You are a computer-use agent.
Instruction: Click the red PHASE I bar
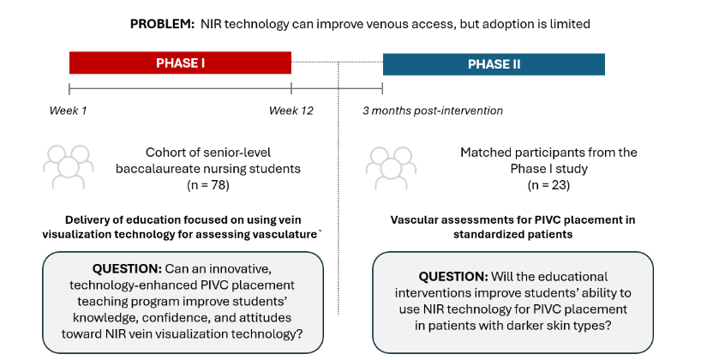(x=180, y=63)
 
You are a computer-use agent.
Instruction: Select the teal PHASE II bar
(x=494, y=64)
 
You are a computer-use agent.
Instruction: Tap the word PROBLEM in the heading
(x=161, y=24)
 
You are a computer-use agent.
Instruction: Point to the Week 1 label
(x=68, y=111)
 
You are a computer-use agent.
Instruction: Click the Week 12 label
(x=291, y=111)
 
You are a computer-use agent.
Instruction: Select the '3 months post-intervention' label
(x=432, y=111)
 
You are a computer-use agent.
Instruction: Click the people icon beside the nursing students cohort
(x=69, y=166)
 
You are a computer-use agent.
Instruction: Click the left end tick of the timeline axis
(x=69, y=88)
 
